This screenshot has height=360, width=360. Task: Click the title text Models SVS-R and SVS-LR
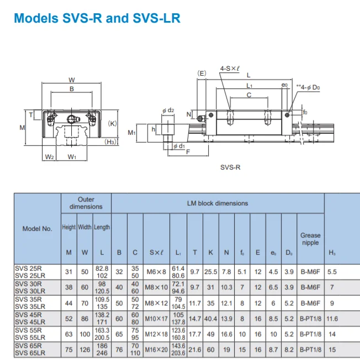pos(97,18)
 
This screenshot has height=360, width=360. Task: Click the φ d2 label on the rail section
pos(168,110)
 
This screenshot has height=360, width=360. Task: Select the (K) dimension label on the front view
pos(113,124)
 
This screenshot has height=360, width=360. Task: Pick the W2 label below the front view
pos(49,157)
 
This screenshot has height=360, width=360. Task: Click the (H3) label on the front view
pos(111,142)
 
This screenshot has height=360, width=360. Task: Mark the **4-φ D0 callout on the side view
pos(308,87)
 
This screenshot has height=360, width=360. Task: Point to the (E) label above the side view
pos(202,73)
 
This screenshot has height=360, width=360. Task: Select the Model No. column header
pos(37,229)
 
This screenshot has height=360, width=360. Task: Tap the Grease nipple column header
pos(310,239)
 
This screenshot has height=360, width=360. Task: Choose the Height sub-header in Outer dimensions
pos(69,227)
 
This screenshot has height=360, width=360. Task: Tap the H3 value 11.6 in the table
pos(332,319)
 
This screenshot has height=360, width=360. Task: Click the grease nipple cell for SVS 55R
pos(310,334)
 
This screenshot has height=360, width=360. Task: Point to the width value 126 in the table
pos(84,349)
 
